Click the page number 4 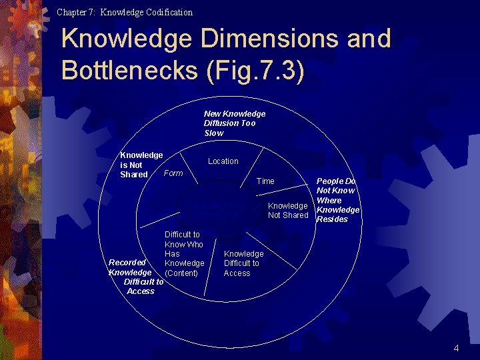tap(456, 348)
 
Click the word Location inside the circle tap(223, 161)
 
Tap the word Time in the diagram tap(265, 181)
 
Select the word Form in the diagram tap(173, 173)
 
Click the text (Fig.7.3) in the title tap(256, 70)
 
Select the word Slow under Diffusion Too tap(214, 133)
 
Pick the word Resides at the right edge tap(332, 219)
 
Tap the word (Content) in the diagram tap(181, 273)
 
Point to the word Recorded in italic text tap(127, 263)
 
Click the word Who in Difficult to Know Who tap(195, 245)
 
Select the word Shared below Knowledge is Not tap(134, 175)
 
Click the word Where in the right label tap(329, 200)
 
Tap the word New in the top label tap(212, 114)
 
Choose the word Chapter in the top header tap(71, 12)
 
